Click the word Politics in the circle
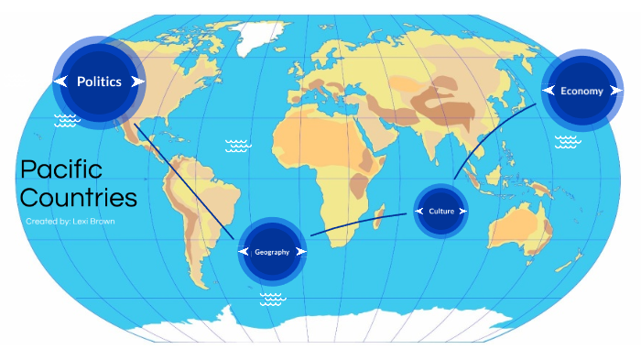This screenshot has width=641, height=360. click(x=99, y=82)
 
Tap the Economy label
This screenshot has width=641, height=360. click(x=581, y=91)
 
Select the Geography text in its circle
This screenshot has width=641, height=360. click(x=272, y=252)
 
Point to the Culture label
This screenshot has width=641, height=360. click(x=441, y=212)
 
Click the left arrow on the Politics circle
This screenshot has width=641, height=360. click(x=60, y=82)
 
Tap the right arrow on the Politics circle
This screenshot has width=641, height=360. click(x=137, y=82)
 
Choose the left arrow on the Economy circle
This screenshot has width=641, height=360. click(x=549, y=91)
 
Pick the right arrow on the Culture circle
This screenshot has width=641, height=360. click(x=462, y=212)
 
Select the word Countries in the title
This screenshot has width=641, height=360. click(x=79, y=198)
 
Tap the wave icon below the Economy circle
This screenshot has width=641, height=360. click(x=567, y=141)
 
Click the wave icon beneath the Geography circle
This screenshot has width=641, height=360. click(x=271, y=299)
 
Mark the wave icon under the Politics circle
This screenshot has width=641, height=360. click(x=66, y=120)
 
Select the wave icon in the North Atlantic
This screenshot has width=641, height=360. click(x=237, y=145)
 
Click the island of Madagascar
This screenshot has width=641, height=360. click(x=378, y=214)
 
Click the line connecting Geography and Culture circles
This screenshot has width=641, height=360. click(x=357, y=223)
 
